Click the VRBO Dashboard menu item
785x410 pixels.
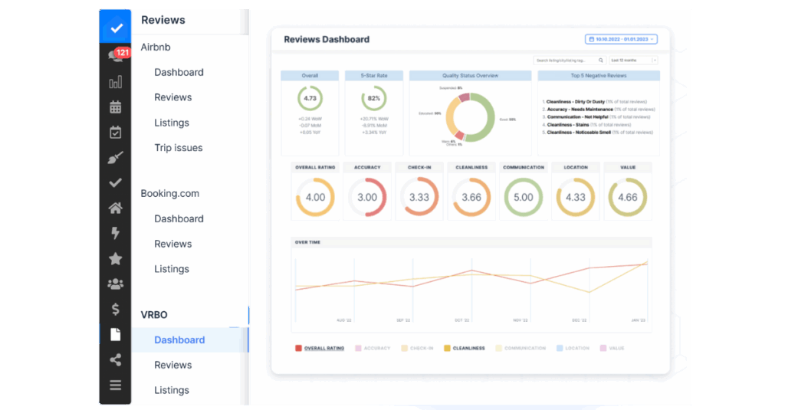179,339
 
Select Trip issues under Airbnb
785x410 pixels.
178,148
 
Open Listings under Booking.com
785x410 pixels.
172,269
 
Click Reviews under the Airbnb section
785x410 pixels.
172,97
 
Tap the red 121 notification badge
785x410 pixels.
122,53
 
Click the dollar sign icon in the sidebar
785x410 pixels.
115,309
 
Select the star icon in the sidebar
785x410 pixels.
115,259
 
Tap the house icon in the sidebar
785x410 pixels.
115,208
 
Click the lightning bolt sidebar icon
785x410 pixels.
115,233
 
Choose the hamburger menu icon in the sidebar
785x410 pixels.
115,385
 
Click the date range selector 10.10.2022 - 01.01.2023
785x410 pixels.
621,39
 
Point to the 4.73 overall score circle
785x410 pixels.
310,98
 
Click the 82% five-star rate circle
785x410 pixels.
374,98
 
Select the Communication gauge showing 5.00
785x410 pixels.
523,197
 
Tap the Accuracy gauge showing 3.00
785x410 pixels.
367,197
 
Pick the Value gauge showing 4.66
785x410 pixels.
627,197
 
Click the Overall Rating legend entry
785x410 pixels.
320,348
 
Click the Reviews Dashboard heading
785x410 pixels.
327,39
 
